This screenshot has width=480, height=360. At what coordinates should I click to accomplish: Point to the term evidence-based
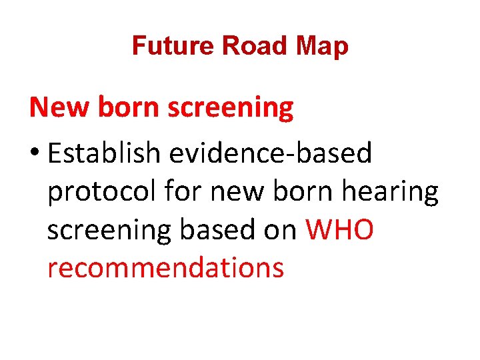click(270, 153)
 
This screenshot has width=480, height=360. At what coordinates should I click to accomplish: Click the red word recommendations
click(165, 268)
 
